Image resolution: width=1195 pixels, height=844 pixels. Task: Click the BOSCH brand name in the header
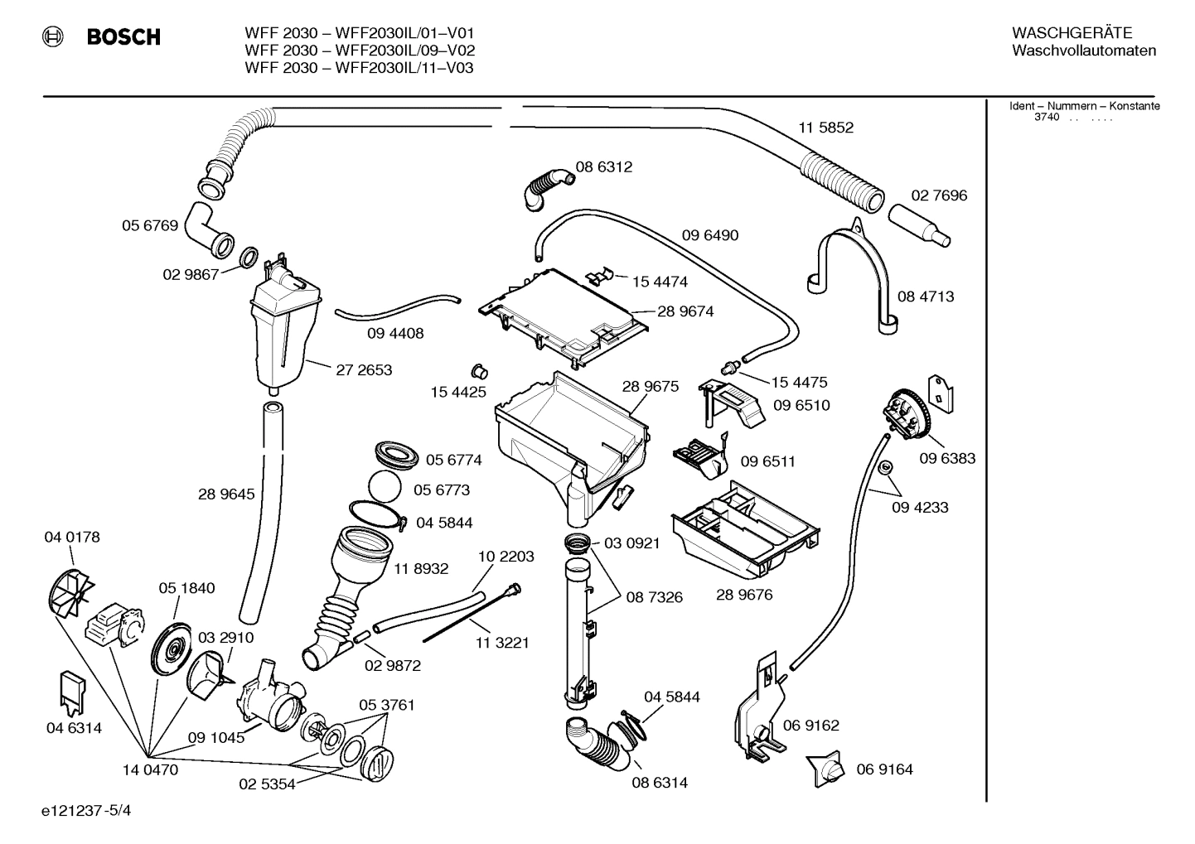click(x=123, y=37)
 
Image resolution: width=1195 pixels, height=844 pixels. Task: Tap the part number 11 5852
click(x=825, y=128)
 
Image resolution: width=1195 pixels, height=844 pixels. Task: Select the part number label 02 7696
click(x=939, y=195)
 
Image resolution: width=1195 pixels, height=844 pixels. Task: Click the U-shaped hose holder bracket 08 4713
click(x=853, y=265)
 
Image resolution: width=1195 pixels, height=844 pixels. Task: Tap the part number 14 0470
click(x=150, y=769)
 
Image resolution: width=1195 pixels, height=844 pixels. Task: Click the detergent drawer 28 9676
click(x=745, y=530)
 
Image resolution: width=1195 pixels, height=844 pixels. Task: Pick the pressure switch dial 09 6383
click(x=906, y=415)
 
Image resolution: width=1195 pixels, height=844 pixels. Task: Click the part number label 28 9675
click(x=650, y=386)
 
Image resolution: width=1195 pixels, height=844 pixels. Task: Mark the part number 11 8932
click(x=421, y=568)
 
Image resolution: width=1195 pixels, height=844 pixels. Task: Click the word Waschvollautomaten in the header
click(x=1084, y=51)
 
